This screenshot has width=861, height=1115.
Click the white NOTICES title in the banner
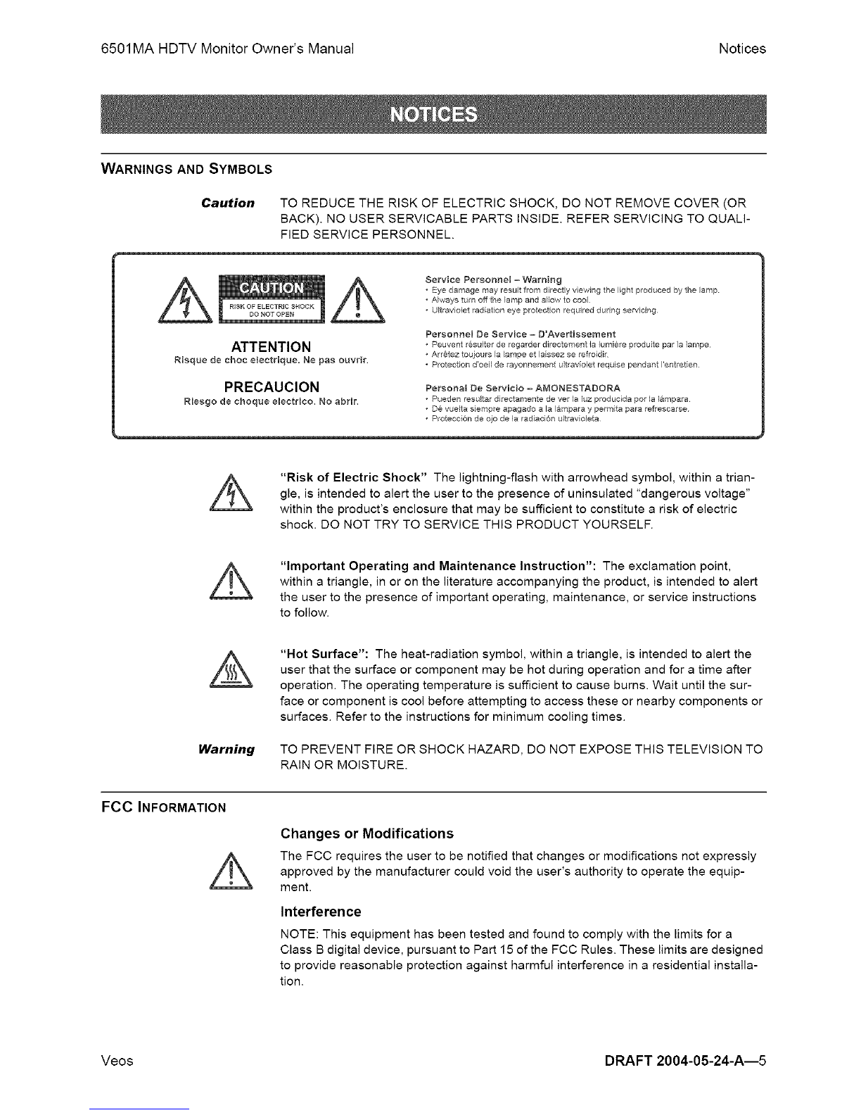(433, 114)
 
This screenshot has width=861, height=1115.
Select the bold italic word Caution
(227, 203)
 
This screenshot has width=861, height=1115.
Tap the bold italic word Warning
(227, 750)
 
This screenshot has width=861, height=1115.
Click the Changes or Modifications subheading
(366, 834)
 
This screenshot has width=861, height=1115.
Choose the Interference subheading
(320, 912)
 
